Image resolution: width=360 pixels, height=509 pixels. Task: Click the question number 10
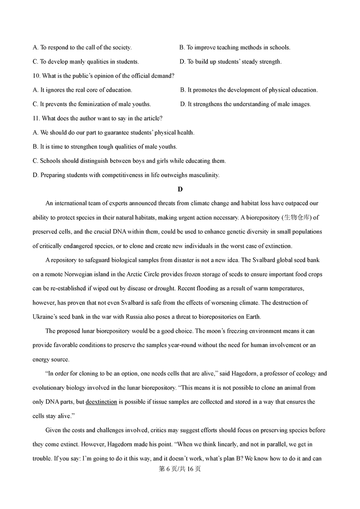(36, 76)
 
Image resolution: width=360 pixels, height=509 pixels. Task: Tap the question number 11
(36, 118)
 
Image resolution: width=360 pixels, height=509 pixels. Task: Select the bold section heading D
(180, 189)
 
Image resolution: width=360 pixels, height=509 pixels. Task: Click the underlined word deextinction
(101, 402)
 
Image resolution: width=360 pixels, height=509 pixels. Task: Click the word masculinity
(203, 175)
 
